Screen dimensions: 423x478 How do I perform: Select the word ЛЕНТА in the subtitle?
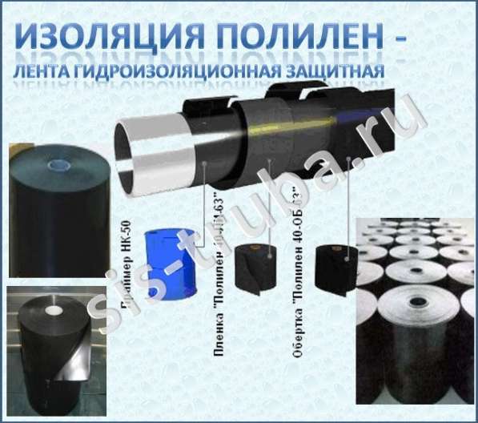(49, 75)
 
